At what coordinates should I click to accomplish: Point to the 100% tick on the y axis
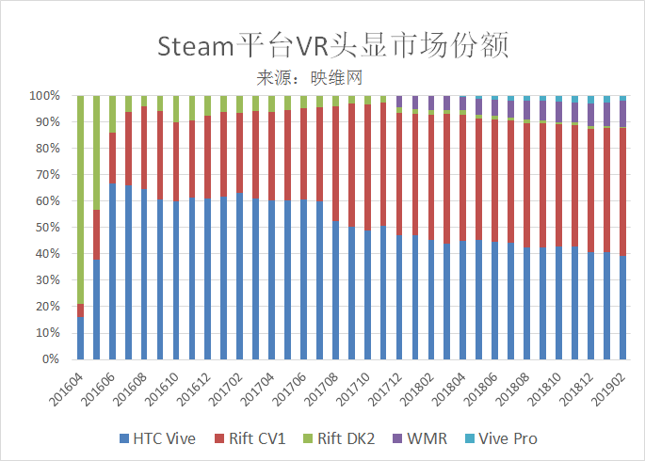(x=44, y=96)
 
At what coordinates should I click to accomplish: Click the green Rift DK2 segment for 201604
(x=81, y=198)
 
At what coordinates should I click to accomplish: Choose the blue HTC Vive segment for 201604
(x=81, y=339)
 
